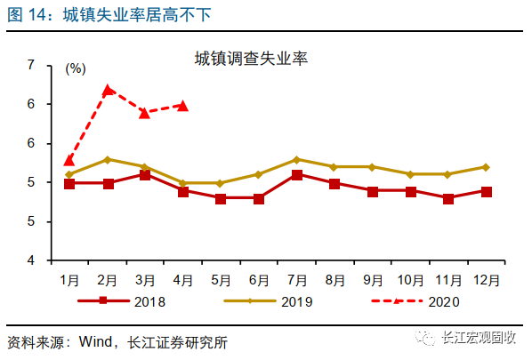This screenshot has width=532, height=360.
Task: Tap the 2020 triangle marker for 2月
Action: click(108, 90)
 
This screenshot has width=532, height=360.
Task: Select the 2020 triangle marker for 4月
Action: click(182, 106)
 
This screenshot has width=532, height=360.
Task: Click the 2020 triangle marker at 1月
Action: click(69, 161)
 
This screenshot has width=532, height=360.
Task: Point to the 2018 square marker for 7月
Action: click(296, 175)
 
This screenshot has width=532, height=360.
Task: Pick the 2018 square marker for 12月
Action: click(486, 191)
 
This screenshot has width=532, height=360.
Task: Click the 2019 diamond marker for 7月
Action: click(296, 159)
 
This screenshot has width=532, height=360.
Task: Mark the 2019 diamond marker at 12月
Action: click(486, 166)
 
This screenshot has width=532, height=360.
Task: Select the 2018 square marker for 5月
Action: click(221, 198)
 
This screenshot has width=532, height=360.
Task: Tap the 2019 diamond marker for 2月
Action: click(108, 159)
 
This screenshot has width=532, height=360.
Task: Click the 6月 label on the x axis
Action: click(259, 278)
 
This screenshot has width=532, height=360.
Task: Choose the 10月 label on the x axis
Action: click(410, 278)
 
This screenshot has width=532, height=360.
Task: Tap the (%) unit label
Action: click(76, 68)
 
